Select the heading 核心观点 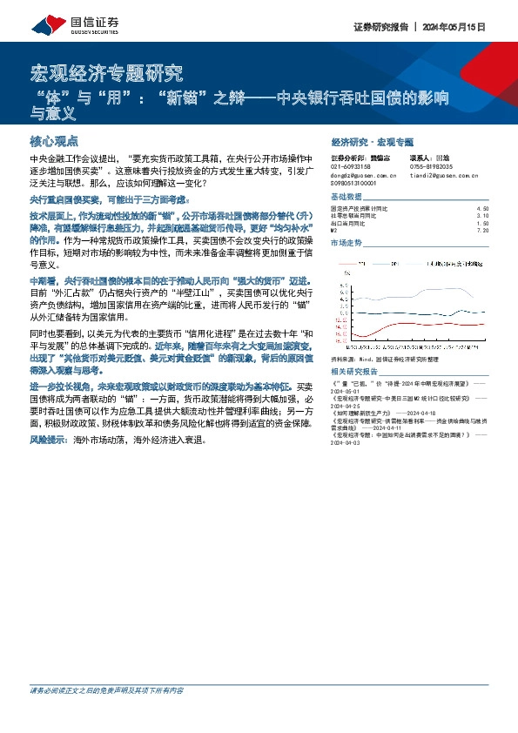[x=54, y=140]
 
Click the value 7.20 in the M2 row [x=483, y=231]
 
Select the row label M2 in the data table [x=335, y=231]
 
